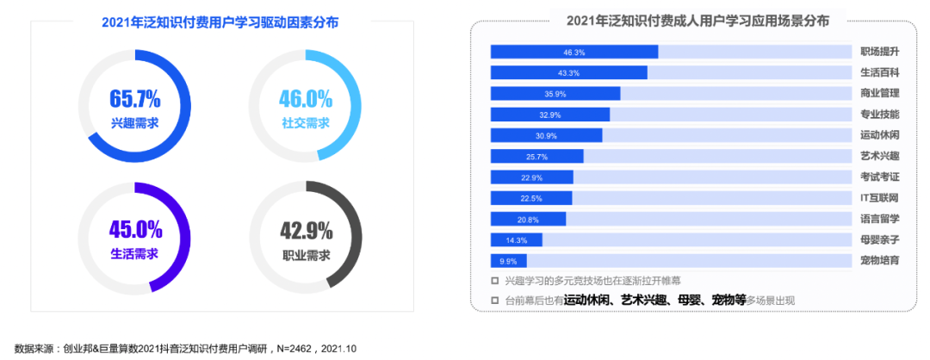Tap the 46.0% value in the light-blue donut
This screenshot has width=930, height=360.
pos(306,98)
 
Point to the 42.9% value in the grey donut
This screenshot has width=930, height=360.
pos(306,231)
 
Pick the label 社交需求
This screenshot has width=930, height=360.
pos(306,123)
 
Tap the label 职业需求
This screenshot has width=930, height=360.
pos(306,255)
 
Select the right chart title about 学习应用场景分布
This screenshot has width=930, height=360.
pos(697,22)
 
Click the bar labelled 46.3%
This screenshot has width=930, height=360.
pos(574,52)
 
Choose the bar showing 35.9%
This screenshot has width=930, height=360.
pos(555,94)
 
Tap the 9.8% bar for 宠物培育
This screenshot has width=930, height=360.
pos(508,261)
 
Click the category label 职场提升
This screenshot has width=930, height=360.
pos(880,52)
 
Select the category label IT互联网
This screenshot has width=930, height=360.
pos(880,198)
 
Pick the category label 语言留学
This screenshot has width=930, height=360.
pos(880,219)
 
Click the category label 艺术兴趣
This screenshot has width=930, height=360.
pos(880,156)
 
